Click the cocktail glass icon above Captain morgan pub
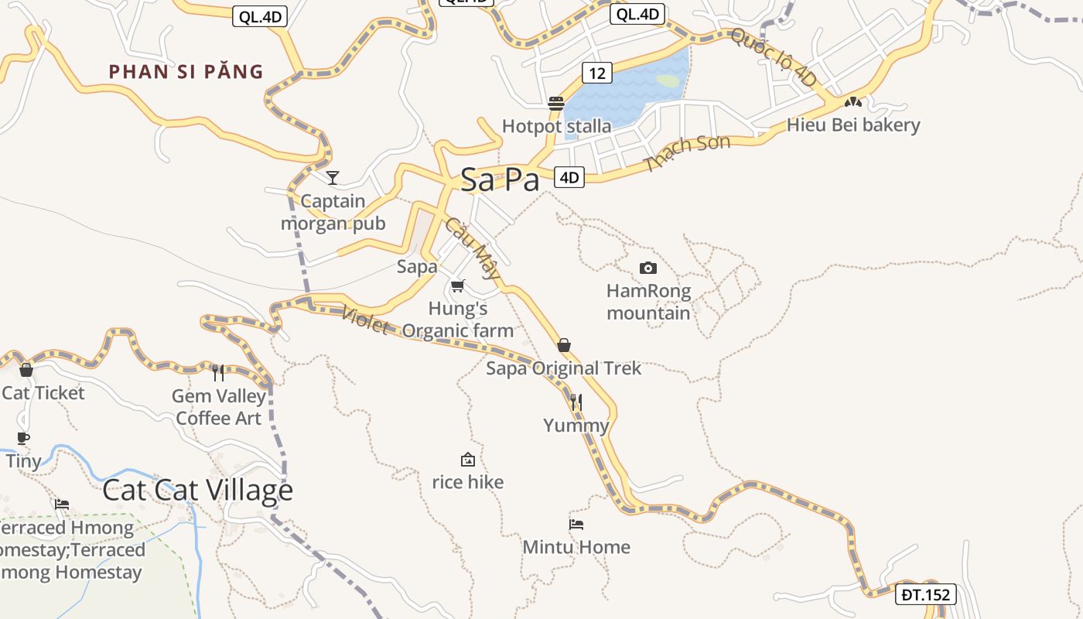coord(333,178)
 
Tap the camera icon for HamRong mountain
coord(648,268)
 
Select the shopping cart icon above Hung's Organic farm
coord(458,286)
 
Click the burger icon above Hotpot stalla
coord(555,103)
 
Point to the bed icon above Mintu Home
coord(576,524)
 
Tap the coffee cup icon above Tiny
coord(23,439)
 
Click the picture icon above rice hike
coord(467,460)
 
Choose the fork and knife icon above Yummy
coord(576,402)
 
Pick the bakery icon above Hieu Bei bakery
coord(853,101)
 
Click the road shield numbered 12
coord(596,74)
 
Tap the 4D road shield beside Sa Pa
coord(569,177)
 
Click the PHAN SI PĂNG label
coord(186,72)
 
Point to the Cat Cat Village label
coord(197,490)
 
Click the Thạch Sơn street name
coord(687,153)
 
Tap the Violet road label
coord(364,320)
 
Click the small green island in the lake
coord(668,80)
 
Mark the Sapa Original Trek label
coord(563,368)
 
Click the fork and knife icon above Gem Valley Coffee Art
coord(218,373)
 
